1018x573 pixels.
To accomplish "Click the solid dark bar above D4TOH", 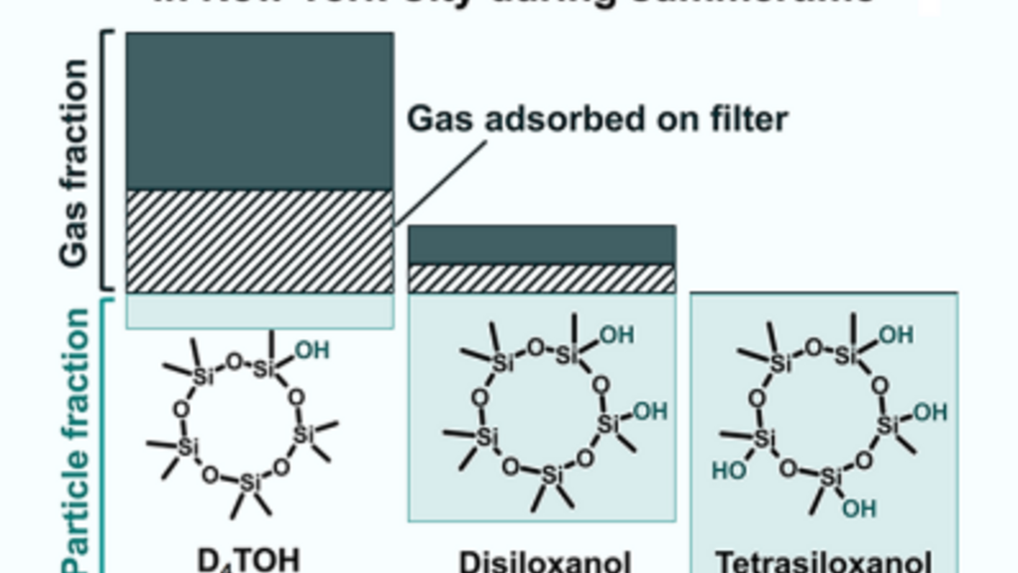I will tap(259, 110).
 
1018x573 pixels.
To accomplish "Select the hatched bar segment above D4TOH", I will tap(259, 241).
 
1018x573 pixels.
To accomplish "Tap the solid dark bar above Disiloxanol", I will tap(542, 245).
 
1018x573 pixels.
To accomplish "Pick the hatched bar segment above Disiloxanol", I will tap(542, 279).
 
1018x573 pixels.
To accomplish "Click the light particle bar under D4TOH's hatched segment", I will tap(259, 310).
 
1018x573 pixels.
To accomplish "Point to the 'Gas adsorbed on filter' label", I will tap(596, 119).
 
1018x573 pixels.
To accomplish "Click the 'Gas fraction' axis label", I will tap(74, 164).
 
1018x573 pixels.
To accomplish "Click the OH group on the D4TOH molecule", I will tap(311, 350).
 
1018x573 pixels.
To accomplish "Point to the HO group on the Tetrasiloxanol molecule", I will tap(729, 470).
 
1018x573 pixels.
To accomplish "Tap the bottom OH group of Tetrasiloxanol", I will tap(860, 508).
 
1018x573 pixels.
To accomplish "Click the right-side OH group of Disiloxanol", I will tap(650, 410).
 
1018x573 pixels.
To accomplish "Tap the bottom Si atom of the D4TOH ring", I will tap(250, 482).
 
